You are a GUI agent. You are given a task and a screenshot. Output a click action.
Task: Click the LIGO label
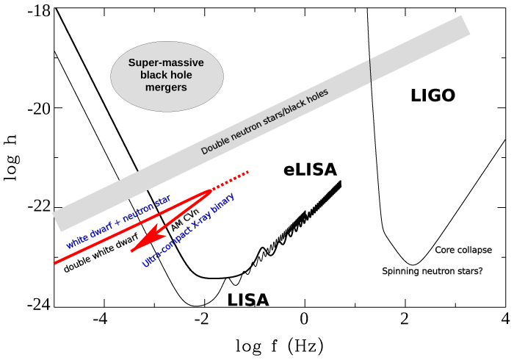coord(433,96)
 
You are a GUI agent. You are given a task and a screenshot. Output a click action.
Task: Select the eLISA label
coord(310,170)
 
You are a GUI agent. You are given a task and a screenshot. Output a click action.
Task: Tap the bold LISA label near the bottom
coord(247,300)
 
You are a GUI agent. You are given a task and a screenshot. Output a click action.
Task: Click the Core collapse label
coord(463,250)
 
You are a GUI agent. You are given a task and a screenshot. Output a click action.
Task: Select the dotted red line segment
coord(231,181)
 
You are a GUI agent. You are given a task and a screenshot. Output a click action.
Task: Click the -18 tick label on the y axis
coord(37,11)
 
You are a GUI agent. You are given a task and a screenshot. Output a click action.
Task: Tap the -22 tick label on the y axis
coord(37,206)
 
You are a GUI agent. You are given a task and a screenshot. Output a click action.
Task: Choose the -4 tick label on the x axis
coord(101,320)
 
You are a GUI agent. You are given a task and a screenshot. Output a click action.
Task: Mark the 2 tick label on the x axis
coord(405,320)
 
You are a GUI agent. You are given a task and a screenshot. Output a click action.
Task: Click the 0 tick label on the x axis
coord(304,320)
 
